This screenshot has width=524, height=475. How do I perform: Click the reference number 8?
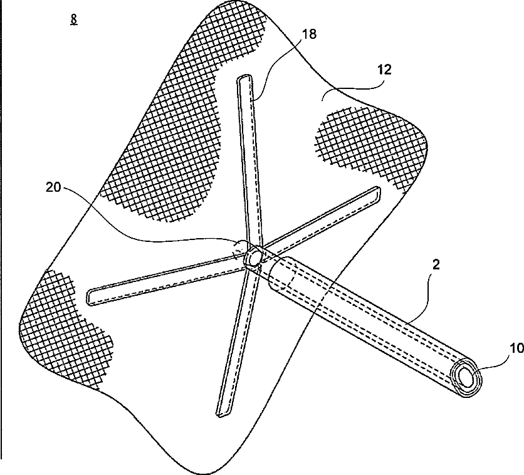coord(75,19)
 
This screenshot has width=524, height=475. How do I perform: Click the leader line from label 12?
coord(351,88)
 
